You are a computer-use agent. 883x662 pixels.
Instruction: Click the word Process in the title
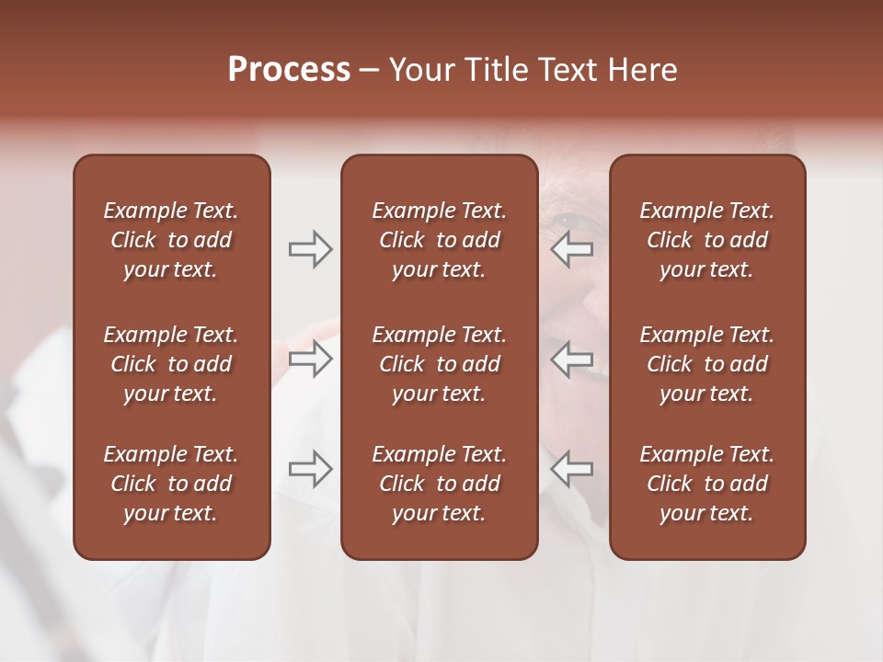point(289,70)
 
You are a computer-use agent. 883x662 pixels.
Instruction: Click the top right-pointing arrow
point(310,249)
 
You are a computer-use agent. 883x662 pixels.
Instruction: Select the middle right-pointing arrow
point(310,359)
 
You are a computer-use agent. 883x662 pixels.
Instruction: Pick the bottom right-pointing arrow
point(310,469)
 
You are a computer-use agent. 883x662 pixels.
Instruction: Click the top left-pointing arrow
point(571,249)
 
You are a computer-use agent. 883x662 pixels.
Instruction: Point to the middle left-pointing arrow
point(571,359)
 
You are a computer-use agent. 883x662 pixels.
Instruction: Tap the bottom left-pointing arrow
point(571,469)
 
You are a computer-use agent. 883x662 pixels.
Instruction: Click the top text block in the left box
point(171,240)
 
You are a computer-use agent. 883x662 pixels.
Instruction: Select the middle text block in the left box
point(171,364)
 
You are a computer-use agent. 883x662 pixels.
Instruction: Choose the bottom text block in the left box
point(171,484)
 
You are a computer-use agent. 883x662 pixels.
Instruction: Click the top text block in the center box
point(439,240)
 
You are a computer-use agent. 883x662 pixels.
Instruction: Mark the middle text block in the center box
point(439,364)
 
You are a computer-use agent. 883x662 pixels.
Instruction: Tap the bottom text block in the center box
point(439,484)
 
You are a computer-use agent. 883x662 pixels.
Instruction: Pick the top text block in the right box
point(706,240)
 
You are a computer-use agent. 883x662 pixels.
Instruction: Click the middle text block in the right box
point(706,364)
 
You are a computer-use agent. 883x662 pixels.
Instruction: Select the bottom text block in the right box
point(706,484)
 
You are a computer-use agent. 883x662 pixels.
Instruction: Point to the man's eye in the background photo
point(563,221)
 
